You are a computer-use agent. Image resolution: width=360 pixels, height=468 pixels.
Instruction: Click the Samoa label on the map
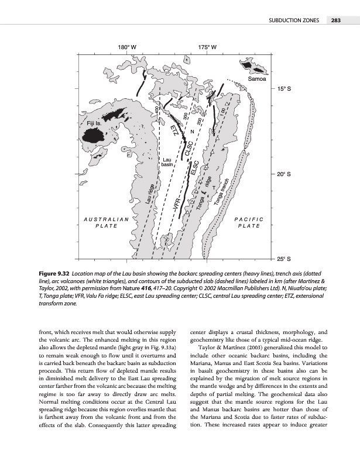pos(258,78)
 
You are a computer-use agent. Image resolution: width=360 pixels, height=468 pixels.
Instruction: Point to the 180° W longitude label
pos(128,46)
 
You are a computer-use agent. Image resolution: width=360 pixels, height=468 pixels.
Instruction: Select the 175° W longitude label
pos(208,46)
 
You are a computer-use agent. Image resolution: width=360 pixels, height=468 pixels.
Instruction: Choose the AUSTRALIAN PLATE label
pos(107,223)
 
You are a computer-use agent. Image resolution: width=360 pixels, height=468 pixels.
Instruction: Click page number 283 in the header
pos(335,22)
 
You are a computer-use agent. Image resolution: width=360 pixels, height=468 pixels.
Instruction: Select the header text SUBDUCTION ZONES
pos(293,22)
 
